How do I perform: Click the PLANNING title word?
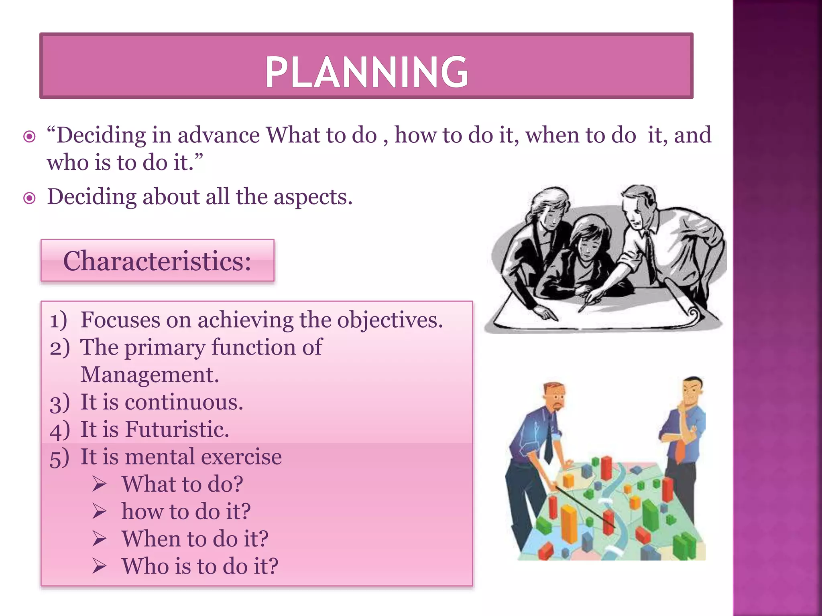click(x=366, y=72)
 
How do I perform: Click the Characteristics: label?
click(x=157, y=261)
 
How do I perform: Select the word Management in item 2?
click(x=149, y=375)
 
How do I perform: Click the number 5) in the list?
click(x=59, y=457)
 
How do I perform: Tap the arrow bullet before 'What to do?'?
click(x=99, y=484)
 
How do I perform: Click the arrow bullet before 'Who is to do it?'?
click(x=99, y=566)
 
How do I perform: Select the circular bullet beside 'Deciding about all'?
click(x=30, y=198)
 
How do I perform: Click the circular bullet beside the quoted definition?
click(x=30, y=137)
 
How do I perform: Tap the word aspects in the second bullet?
click(x=312, y=197)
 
